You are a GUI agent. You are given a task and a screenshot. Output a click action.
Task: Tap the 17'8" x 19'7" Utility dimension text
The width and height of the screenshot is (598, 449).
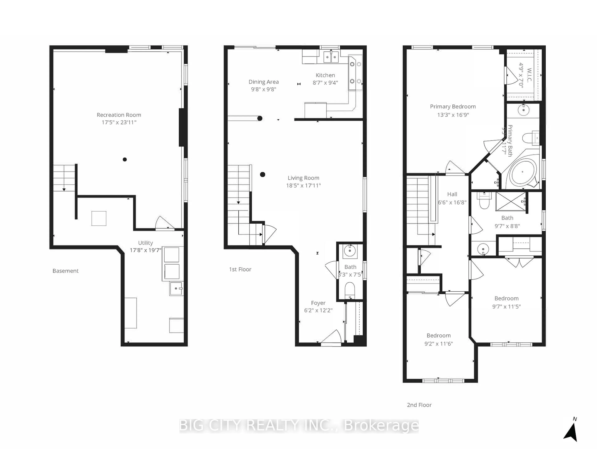coord(145,250)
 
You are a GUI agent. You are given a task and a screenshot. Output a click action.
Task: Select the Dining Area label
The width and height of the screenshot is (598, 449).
coord(264,82)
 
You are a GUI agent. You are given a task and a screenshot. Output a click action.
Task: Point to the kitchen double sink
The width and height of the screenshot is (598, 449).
coord(331,57)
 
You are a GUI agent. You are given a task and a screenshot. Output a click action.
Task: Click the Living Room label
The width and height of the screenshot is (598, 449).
coord(303,178)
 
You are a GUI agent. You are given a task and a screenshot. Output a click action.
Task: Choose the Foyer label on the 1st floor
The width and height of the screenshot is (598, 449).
coord(318,303)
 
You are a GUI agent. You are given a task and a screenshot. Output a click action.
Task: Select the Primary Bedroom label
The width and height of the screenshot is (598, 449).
coord(453,107)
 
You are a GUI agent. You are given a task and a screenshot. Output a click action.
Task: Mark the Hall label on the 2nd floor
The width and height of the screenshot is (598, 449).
coord(452,194)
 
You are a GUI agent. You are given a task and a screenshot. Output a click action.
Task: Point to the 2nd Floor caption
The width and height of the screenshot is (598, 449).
coord(419,405)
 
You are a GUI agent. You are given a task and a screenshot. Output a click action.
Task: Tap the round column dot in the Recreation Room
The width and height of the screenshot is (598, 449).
coord(125,159)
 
